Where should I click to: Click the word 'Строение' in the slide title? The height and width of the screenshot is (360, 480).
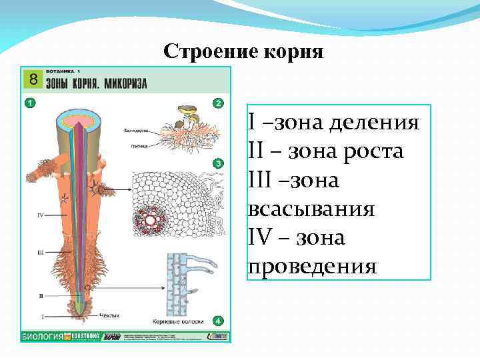pos(203,51)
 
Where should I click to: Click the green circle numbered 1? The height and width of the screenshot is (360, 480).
pos(29,103)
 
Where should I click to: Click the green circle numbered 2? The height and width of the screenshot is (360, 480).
pos(217,103)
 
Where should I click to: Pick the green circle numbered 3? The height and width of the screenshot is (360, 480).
pos(217,163)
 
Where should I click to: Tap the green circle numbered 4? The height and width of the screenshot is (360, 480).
pos(217,321)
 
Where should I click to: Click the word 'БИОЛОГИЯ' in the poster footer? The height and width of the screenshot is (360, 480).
pos(42,337)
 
